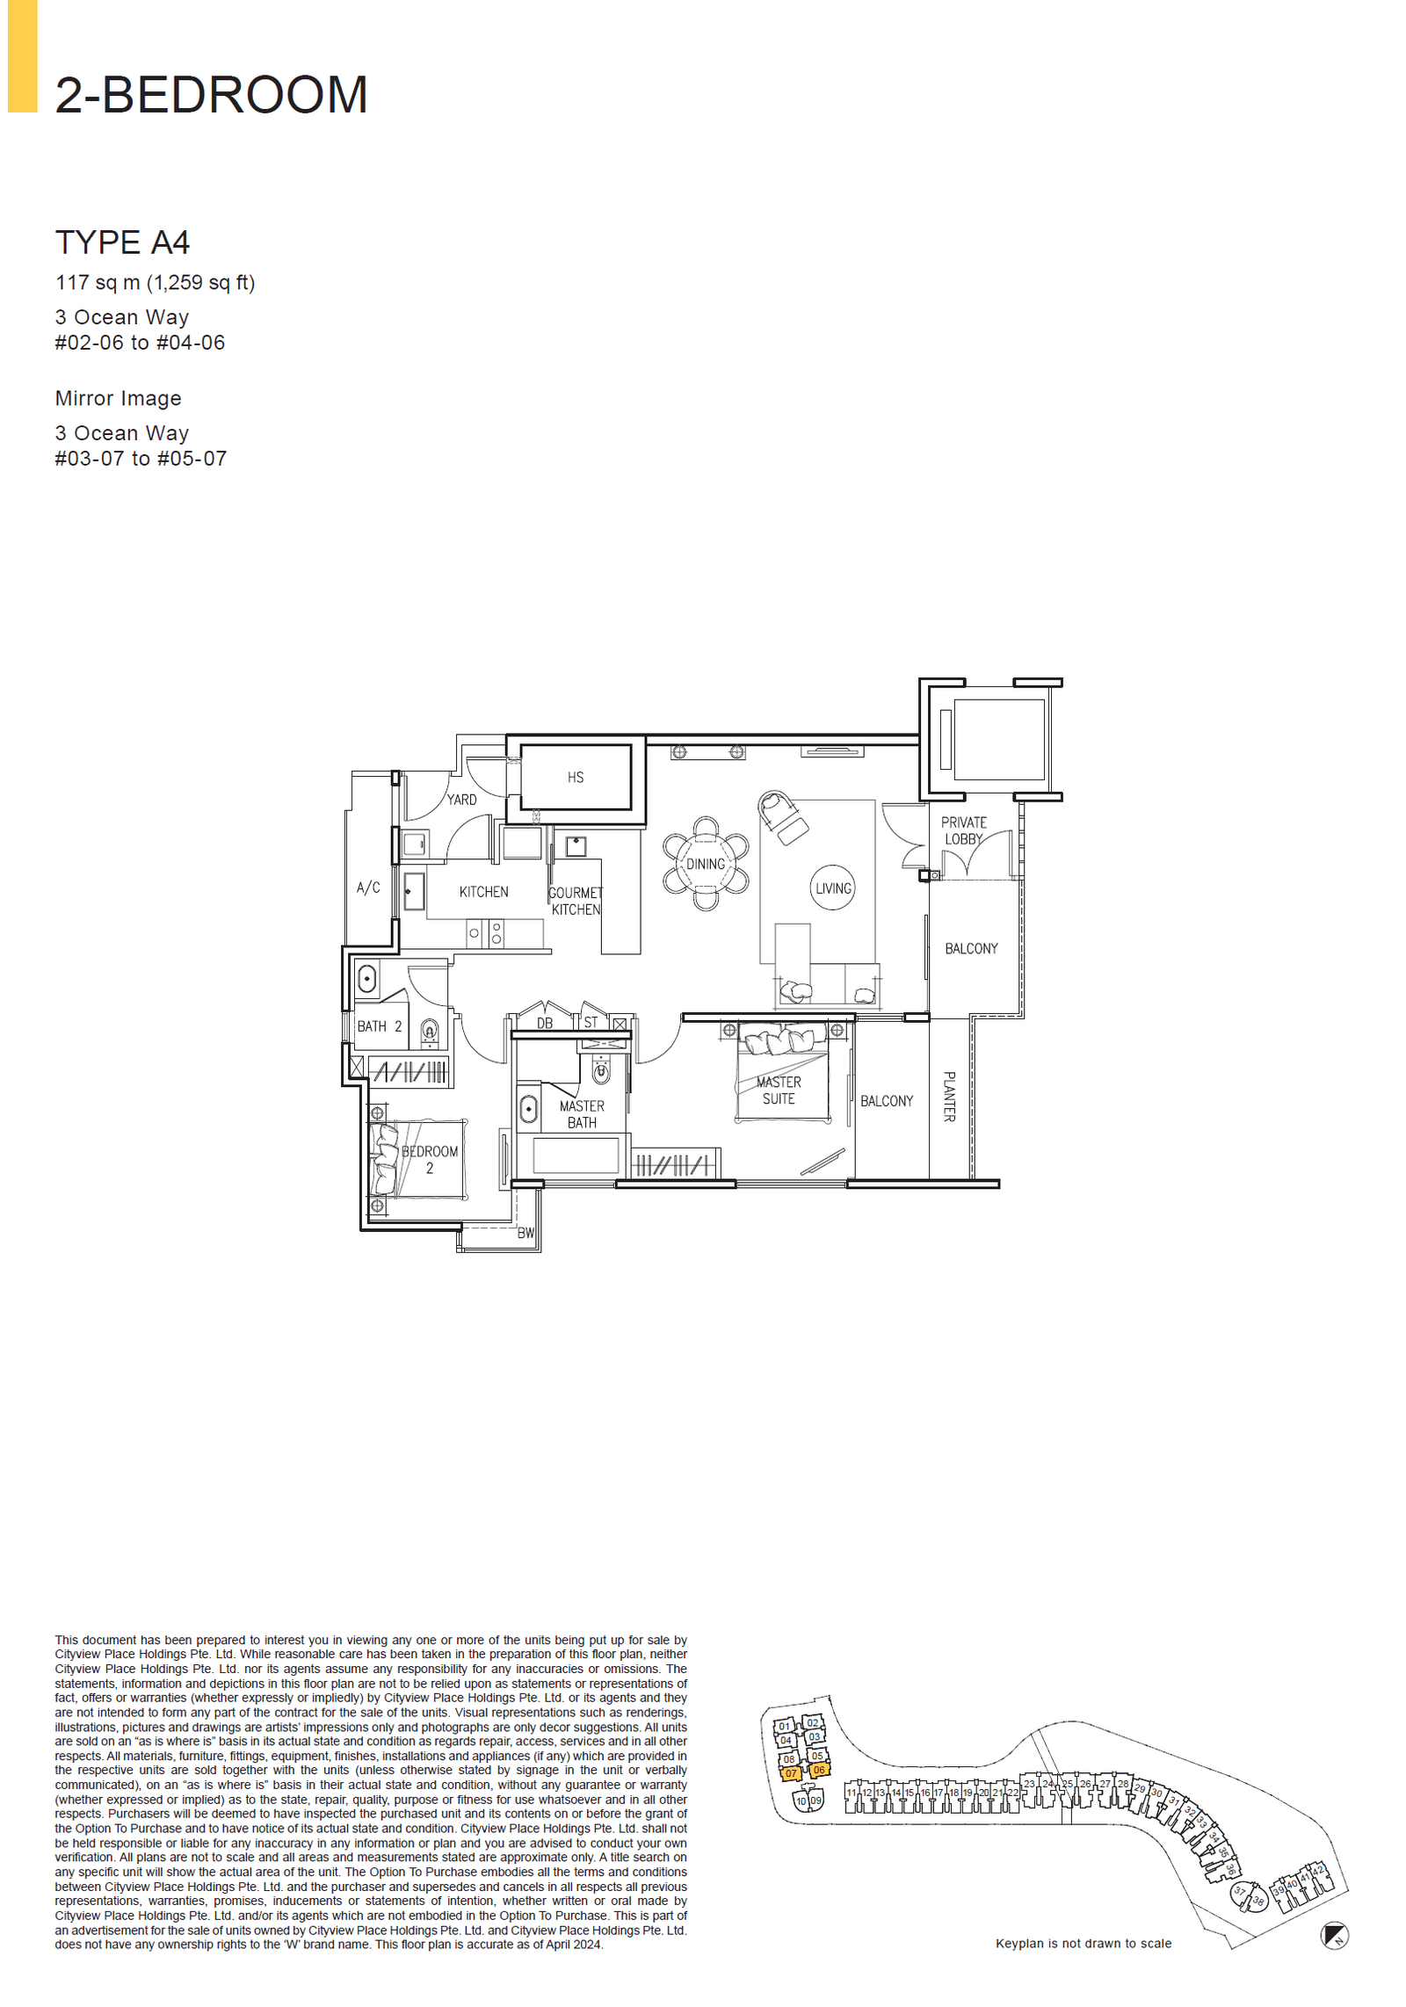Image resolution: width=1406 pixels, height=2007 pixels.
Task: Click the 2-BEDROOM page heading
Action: (x=211, y=95)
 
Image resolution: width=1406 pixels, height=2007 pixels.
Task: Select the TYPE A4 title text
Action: (x=122, y=243)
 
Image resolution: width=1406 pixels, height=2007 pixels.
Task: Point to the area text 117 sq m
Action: (x=98, y=283)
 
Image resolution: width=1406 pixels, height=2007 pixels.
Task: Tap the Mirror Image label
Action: (x=118, y=398)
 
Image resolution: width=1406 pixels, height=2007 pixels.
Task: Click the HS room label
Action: (x=575, y=777)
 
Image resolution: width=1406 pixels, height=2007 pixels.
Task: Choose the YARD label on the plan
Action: (x=461, y=800)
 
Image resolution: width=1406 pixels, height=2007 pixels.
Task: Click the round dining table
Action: (x=705, y=864)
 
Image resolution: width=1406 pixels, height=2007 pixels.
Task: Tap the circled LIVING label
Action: (x=832, y=888)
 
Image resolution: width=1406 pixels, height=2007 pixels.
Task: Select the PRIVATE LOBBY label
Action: (x=963, y=830)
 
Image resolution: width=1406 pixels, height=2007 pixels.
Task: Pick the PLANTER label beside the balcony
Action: (x=949, y=1096)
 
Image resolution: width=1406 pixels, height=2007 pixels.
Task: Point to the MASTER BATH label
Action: (x=581, y=1114)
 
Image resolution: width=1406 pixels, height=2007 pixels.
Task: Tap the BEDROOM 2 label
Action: (x=429, y=1159)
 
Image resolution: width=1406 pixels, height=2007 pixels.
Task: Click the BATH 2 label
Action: (x=379, y=1025)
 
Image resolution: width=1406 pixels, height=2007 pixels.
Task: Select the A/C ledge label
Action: (x=368, y=888)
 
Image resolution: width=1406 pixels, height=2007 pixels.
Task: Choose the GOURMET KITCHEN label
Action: (x=576, y=901)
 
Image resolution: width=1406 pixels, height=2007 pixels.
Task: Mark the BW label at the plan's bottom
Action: (x=525, y=1233)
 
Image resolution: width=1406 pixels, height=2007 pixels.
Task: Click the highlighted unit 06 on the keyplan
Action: (x=818, y=1770)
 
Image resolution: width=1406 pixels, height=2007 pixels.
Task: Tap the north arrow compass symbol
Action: (x=1334, y=1935)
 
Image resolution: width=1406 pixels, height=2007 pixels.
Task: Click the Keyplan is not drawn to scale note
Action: (x=1083, y=1943)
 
